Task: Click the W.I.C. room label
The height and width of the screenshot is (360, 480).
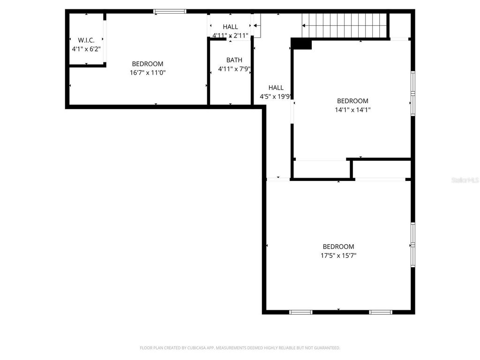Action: (x=86, y=40)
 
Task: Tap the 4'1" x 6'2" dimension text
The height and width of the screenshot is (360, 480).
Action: (x=86, y=49)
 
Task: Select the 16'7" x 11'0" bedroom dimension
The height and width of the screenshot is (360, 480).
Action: (x=148, y=73)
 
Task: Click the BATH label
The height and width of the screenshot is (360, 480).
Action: (x=234, y=60)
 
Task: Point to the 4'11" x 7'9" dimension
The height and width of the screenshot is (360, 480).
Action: (x=234, y=69)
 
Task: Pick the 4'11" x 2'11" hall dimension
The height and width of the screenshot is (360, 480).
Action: (x=230, y=35)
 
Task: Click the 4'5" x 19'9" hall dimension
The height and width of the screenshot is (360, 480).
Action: (x=277, y=97)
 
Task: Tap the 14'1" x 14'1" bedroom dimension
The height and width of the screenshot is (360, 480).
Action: (x=352, y=110)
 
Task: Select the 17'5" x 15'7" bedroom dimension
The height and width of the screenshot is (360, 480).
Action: (x=338, y=255)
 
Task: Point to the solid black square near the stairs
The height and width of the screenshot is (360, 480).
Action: (x=301, y=44)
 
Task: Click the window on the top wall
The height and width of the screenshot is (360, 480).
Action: (x=170, y=11)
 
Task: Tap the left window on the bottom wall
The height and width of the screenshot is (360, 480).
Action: (x=301, y=312)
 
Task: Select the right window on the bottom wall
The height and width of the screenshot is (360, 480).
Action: (x=380, y=312)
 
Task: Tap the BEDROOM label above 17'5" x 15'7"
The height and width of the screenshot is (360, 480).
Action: (x=338, y=247)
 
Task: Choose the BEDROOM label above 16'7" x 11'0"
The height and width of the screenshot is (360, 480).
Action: (x=148, y=64)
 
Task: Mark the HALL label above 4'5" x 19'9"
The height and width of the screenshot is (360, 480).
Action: (x=276, y=88)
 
